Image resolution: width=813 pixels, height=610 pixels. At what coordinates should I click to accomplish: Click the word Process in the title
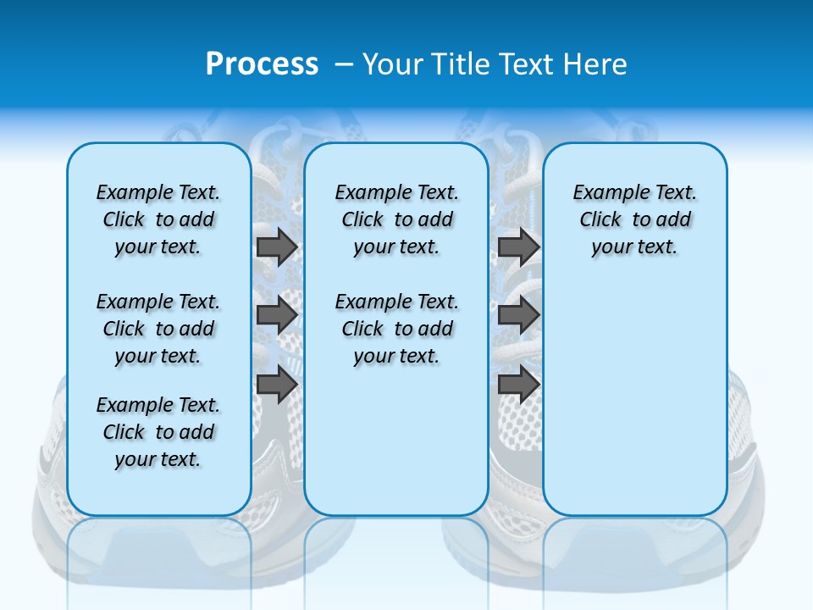[262, 64]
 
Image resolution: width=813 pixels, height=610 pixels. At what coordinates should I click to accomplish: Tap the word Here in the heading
[595, 64]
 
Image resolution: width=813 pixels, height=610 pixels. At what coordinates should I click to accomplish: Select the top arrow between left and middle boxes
[276, 247]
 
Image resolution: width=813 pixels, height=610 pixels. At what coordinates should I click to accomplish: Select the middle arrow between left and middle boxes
[276, 315]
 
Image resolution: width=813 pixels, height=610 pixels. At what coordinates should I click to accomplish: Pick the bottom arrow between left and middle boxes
[276, 384]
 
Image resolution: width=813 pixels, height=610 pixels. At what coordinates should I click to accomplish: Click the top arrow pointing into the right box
[518, 247]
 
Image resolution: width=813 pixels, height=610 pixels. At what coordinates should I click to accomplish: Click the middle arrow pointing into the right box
[518, 315]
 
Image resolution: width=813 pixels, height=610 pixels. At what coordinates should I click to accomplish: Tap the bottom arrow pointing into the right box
[518, 384]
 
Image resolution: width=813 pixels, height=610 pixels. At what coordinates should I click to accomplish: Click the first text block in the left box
[158, 219]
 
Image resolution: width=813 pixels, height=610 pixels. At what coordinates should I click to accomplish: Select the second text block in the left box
[158, 329]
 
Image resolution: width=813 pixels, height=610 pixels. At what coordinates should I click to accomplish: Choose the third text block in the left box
[158, 432]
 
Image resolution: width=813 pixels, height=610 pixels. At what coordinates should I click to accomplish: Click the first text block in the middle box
[396, 219]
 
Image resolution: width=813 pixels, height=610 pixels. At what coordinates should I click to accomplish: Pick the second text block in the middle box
[396, 329]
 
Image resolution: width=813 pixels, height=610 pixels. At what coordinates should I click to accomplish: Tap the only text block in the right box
[634, 219]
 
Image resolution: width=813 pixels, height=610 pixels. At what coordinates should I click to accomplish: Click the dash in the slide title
[344, 64]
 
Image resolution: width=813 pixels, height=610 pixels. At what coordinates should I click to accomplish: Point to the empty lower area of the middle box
[396, 441]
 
